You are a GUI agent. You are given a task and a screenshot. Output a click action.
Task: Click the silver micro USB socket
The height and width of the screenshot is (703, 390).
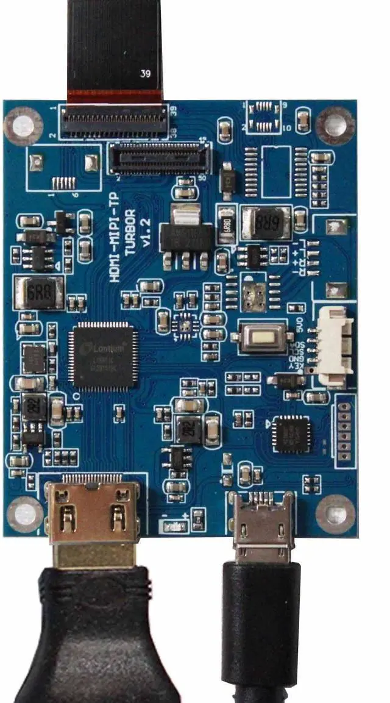point(263,526)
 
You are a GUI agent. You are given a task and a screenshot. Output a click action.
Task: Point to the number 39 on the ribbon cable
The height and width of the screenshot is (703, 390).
point(146,74)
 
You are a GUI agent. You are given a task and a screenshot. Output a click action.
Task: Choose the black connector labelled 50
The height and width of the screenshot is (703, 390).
point(160,159)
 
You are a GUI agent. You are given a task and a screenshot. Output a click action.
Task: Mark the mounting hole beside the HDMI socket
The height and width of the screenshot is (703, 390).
point(24,512)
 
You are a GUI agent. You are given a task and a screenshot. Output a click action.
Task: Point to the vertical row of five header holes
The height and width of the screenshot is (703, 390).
point(344,430)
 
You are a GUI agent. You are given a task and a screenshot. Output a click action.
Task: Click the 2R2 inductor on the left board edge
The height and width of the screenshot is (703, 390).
point(34,406)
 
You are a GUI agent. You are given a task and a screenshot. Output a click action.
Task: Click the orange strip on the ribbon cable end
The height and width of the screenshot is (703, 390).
point(115,96)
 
